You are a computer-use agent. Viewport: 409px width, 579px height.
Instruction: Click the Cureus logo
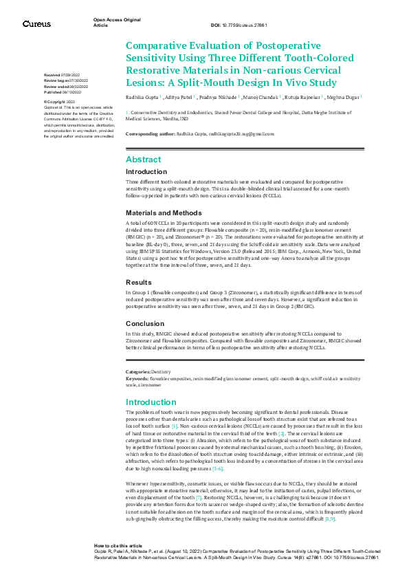pos(36,24)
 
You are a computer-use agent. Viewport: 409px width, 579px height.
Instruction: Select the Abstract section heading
pos(143,159)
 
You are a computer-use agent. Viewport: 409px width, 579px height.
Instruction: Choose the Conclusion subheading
pos(145,323)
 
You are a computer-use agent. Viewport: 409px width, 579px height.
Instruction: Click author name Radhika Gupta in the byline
pos(142,98)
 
